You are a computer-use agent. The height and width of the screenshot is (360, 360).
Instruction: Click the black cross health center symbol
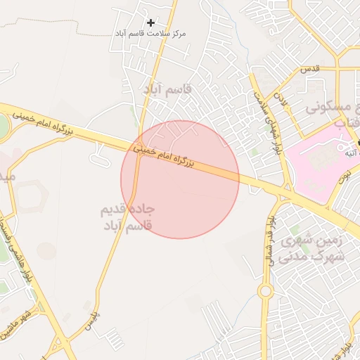click(150, 22)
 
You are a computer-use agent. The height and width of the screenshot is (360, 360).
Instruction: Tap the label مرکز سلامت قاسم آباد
click(150, 34)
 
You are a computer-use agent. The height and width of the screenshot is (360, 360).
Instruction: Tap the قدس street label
click(310, 69)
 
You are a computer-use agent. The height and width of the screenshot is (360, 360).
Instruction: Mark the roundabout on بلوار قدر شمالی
click(265, 290)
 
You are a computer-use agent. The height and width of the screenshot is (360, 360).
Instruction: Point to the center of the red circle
click(180, 179)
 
